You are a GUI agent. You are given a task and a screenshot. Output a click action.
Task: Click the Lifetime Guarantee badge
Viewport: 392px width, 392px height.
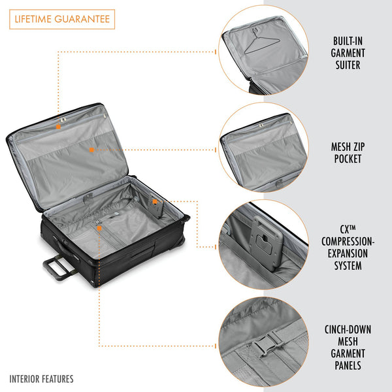point(62,19)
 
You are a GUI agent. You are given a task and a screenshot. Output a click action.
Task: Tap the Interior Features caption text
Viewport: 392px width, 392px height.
point(42,379)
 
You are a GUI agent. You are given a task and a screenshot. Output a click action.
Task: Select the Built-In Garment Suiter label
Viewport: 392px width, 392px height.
point(348,53)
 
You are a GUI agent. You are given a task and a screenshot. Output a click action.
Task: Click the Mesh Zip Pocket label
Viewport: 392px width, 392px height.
point(348,153)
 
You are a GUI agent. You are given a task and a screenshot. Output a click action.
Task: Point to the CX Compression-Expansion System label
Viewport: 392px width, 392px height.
point(348,247)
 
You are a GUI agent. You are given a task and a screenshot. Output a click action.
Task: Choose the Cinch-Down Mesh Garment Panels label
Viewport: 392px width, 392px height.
point(348,348)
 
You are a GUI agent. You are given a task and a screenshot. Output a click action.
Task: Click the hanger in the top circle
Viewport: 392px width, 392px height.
point(261,42)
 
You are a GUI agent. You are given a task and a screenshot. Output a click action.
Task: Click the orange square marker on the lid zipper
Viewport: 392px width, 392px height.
point(58,127)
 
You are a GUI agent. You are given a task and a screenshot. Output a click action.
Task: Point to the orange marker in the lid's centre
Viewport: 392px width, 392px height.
point(91,150)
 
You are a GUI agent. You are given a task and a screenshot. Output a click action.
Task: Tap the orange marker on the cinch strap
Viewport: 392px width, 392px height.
point(99,228)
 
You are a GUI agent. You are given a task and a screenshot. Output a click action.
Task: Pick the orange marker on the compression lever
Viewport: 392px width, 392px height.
point(155,201)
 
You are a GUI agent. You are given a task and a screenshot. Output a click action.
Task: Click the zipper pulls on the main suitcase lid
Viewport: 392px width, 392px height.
point(63,120)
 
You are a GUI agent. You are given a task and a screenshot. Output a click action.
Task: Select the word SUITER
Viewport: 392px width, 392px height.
point(348,65)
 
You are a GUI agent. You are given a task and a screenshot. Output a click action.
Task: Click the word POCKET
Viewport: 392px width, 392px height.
point(348,159)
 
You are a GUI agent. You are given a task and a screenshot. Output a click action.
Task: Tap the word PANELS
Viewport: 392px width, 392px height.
point(348,365)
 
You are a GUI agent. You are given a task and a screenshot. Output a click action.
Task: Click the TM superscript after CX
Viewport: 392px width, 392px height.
point(352,227)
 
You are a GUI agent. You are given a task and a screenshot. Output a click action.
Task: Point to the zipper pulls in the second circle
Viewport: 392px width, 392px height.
point(261,125)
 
